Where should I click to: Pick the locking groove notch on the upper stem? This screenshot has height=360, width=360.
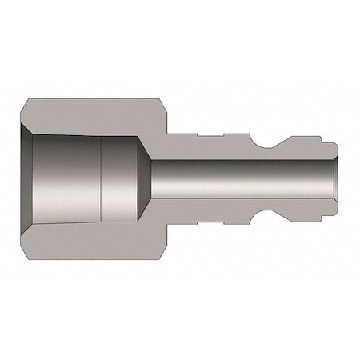tap(266, 141)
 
